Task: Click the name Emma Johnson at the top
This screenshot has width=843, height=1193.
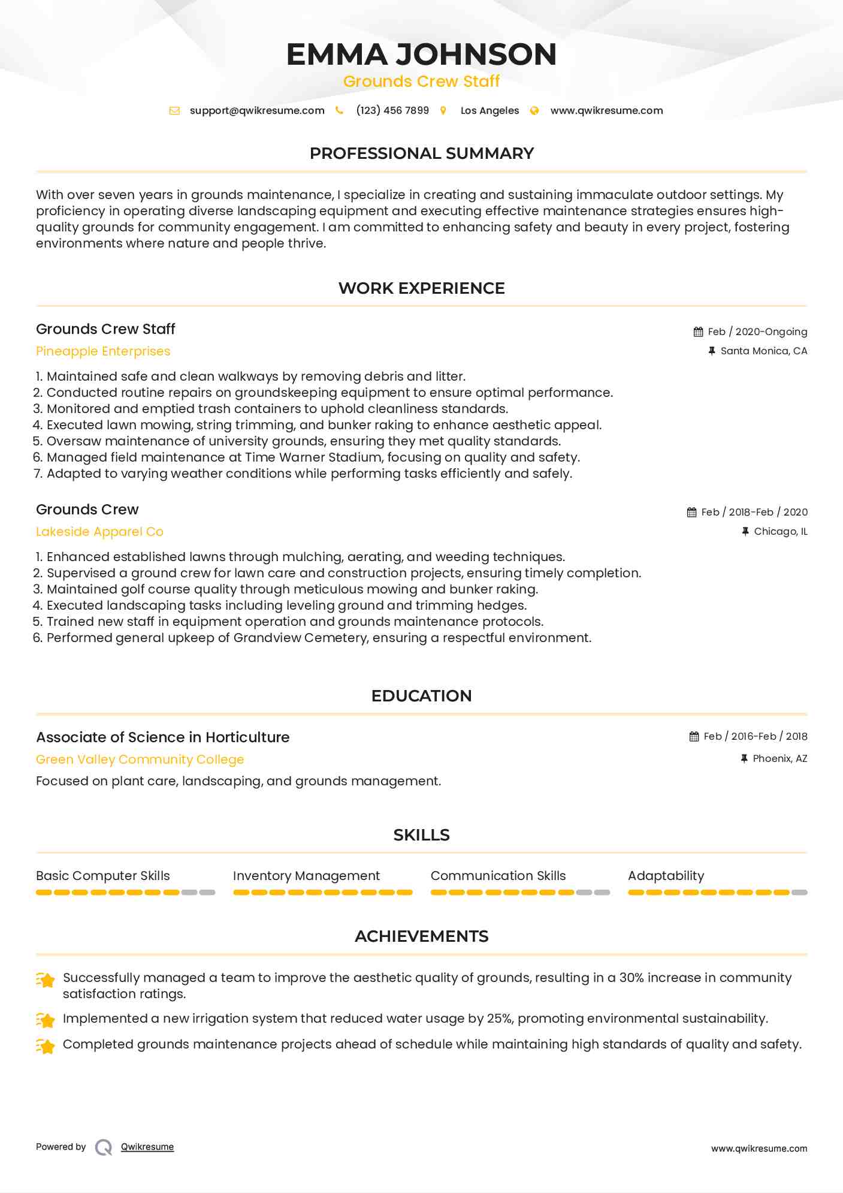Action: pos(421,55)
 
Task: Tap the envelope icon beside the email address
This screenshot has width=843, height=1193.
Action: pos(174,111)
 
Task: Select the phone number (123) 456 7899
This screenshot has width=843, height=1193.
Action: pos(392,111)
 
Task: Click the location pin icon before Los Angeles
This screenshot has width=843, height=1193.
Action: pos(443,111)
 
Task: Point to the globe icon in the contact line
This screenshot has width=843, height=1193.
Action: pos(534,111)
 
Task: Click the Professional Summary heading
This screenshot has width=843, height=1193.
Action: pos(421,153)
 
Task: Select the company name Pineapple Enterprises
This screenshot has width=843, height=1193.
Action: pos(103,351)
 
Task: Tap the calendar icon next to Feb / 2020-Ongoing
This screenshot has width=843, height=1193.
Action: pos(698,332)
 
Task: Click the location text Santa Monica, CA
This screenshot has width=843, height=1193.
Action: pos(763,351)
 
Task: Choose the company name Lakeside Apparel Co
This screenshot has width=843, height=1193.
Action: pos(99,532)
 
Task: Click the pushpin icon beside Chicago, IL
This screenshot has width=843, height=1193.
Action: pos(745,532)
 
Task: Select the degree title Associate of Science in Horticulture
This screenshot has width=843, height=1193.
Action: pos(162,737)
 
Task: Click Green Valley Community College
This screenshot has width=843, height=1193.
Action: pos(140,760)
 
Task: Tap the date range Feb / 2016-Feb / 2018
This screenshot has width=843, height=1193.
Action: pos(755,737)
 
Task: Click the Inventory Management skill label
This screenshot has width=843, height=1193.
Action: pos(306,876)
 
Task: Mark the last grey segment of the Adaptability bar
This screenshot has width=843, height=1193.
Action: pos(799,893)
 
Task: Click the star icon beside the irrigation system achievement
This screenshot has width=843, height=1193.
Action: pos(46,1019)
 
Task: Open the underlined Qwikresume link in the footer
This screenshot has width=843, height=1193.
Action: pos(147,1147)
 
